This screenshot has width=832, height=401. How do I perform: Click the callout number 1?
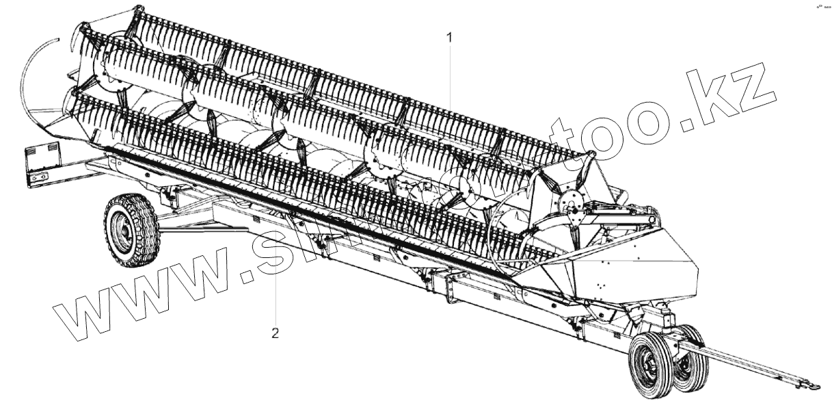(x=449, y=38)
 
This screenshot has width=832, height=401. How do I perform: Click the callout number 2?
(x=275, y=334)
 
